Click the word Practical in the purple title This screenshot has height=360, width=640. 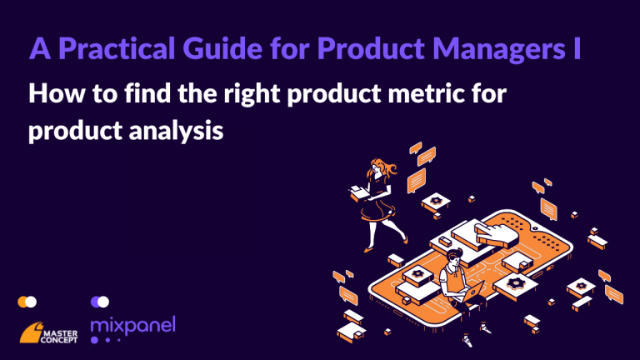coord(117,49)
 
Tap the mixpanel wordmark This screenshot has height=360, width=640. coord(133,325)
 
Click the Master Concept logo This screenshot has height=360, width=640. coord(48,332)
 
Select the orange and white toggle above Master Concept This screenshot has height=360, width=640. coord(27,302)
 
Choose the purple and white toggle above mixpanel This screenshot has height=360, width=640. coord(100,302)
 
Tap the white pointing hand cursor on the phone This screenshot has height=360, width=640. coord(495,234)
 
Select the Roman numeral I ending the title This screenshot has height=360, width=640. coord(576,48)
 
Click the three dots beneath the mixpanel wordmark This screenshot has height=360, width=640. coord(106,340)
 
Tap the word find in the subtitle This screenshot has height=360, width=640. coord(147,93)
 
